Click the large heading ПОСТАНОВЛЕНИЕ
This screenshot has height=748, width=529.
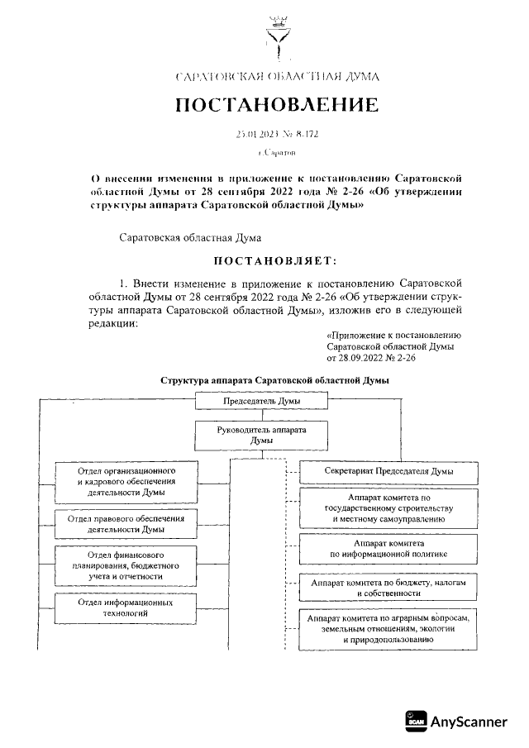(x=276, y=106)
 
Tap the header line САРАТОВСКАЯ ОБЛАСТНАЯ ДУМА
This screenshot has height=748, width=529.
(x=277, y=77)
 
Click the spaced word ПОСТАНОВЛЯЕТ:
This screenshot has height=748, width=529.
(x=276, y=262)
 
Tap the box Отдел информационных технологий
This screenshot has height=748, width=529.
(x=126, y=608)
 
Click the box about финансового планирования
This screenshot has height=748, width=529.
(x=126, y=565)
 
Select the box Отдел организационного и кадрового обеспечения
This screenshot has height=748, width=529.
(x=126, y=480)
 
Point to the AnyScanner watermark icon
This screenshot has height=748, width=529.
(x=416, y=721)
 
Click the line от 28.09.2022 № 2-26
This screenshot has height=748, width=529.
(x=371, y=360)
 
